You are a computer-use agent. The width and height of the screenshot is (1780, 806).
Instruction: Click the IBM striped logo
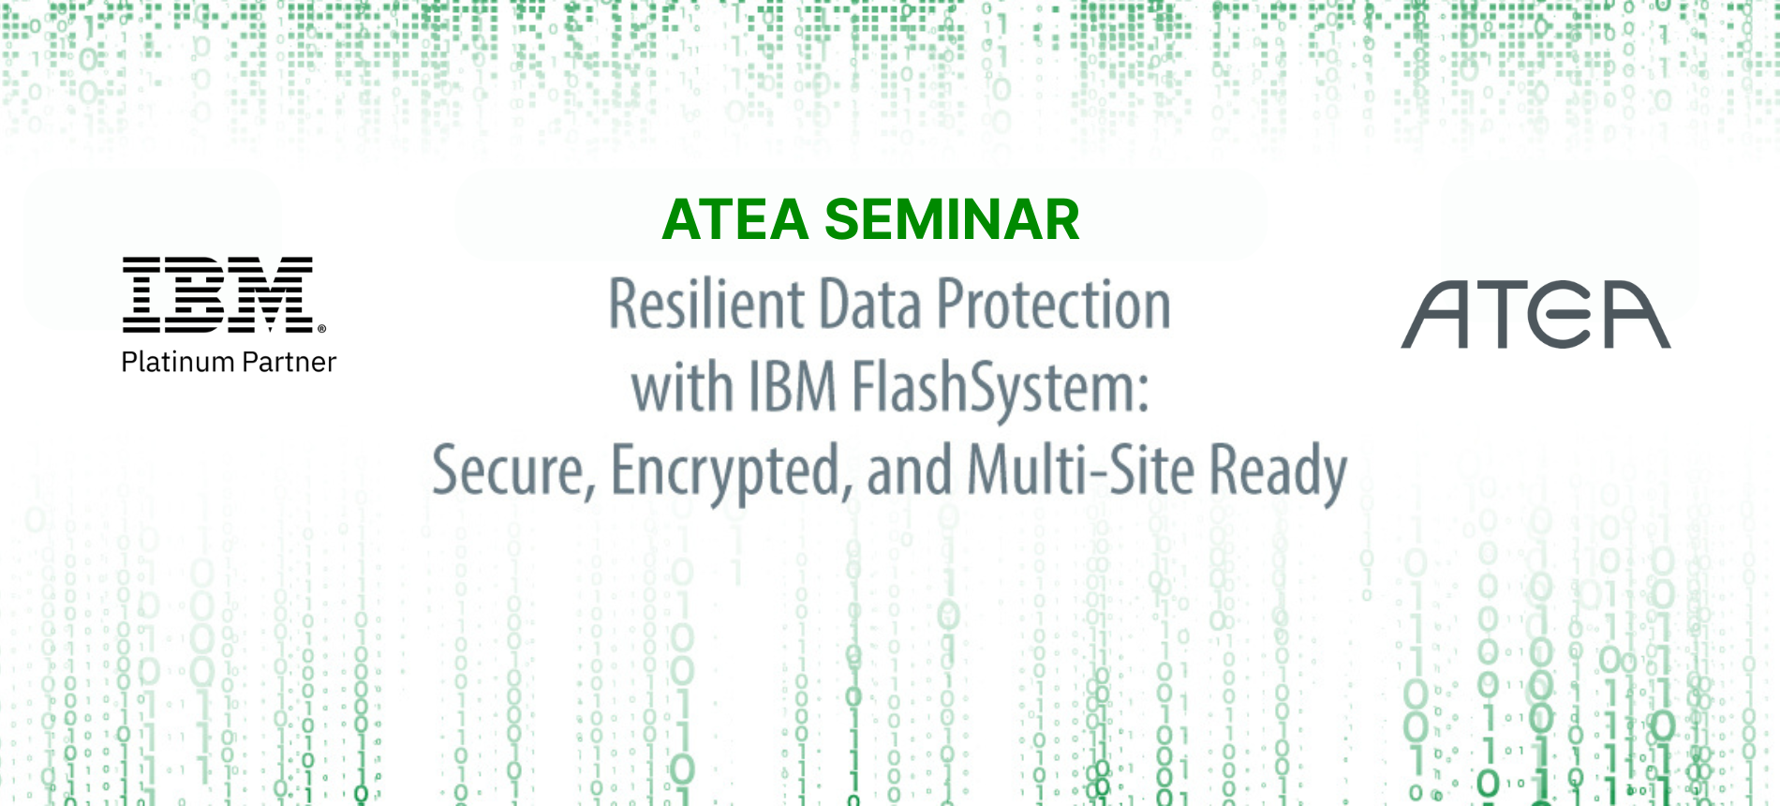coord(219,295)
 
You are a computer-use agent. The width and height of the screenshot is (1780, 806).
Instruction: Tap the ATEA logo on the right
coord(1535,315)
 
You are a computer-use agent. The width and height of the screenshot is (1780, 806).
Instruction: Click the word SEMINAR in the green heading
coord(952,219)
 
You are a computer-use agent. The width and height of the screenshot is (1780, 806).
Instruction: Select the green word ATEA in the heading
coord(735,219)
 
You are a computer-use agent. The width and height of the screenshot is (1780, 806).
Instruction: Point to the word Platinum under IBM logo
coord(177,362)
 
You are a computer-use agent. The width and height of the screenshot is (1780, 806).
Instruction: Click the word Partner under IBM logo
coord(289,362)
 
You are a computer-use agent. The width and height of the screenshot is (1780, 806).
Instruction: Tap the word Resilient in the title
coord(706,305)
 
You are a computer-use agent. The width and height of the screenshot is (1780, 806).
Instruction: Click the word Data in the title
coord(871,306)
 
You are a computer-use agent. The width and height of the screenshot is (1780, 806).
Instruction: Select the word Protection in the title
coord(1054,306)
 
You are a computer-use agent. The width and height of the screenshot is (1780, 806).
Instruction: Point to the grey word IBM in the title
coord(792,388)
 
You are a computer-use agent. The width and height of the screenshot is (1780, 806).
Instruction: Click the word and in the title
coord(910,470)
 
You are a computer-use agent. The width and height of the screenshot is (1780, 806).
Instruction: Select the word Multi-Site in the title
coord(1081,470)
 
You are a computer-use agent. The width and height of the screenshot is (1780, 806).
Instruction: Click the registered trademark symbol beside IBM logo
coord(321,329)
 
